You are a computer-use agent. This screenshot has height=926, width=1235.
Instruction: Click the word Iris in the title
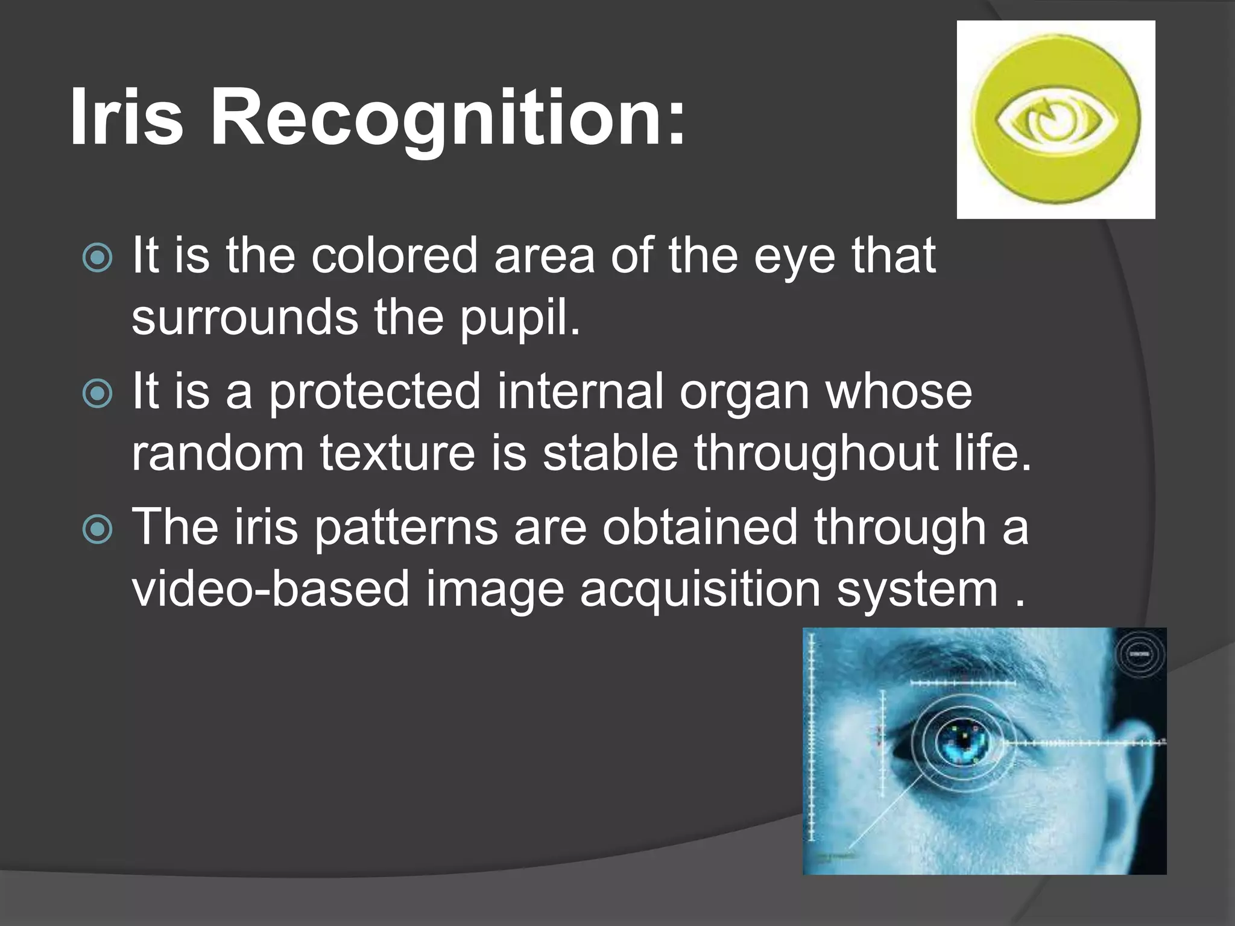point(126,117)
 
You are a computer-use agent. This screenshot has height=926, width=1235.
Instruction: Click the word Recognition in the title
point(447,117)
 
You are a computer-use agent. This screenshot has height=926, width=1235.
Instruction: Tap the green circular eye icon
point(1056,119)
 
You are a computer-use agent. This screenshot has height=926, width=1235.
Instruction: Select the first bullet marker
point(97,259)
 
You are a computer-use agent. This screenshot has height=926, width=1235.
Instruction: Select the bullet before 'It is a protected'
point(97,394)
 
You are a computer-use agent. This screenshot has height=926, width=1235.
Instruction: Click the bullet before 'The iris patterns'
point(97,530)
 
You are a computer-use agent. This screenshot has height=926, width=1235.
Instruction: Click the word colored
point(394,256)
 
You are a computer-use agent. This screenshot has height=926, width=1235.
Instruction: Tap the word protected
point(374,392)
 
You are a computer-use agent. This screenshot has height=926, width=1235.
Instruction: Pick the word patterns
point(406,528)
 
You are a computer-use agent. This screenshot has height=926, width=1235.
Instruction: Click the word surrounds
point(245,318)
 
